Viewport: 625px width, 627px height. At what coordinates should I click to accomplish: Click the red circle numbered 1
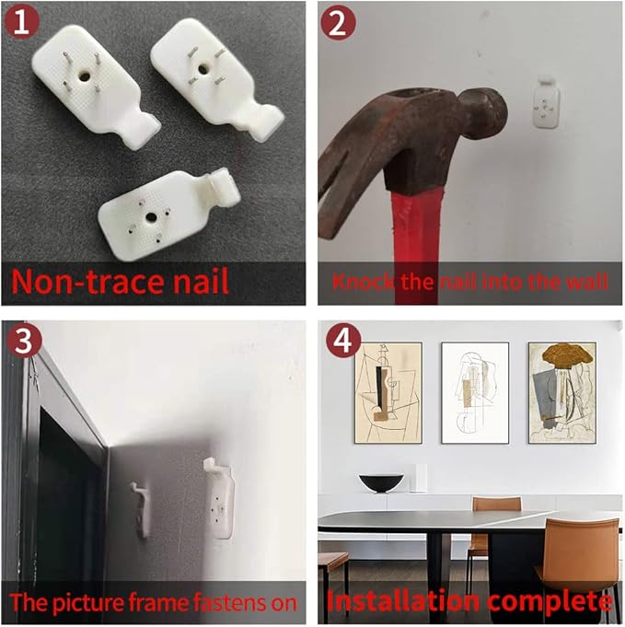click(21, 22)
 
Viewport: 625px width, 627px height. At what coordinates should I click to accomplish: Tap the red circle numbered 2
click(339, 23)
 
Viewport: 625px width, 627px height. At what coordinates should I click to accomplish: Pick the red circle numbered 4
click(343, 341)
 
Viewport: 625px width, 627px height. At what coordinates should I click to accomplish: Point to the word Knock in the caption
click(364, 282)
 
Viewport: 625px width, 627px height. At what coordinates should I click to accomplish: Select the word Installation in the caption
click(403, 601)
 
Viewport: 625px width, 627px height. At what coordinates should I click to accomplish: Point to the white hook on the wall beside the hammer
click(546, 102)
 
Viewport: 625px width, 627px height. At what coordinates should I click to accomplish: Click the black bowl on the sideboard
click(381, 482)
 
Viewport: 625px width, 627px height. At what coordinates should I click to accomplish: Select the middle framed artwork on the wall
click(475, 392)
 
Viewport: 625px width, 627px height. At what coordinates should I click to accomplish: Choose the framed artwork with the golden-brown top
click(561, 392)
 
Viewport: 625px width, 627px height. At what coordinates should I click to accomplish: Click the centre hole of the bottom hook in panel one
click(151, 217)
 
